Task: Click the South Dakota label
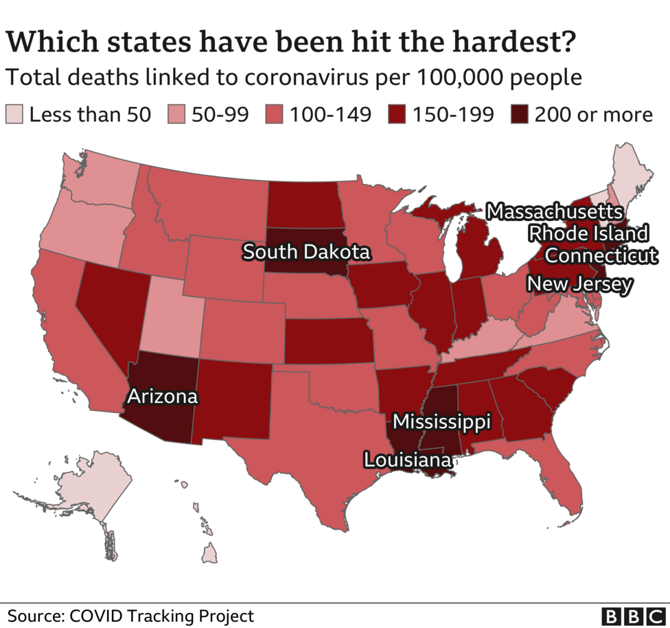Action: coord(306,252)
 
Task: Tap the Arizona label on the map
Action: coord(161,396)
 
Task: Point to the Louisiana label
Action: coord(408,459)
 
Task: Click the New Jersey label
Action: coord(579,283)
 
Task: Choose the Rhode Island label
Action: coord(588,233)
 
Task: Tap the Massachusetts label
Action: coord(555,211)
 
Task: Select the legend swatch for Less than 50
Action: coord(14,114)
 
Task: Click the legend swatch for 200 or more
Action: coord(521,114)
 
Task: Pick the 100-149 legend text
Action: coord(330,114)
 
